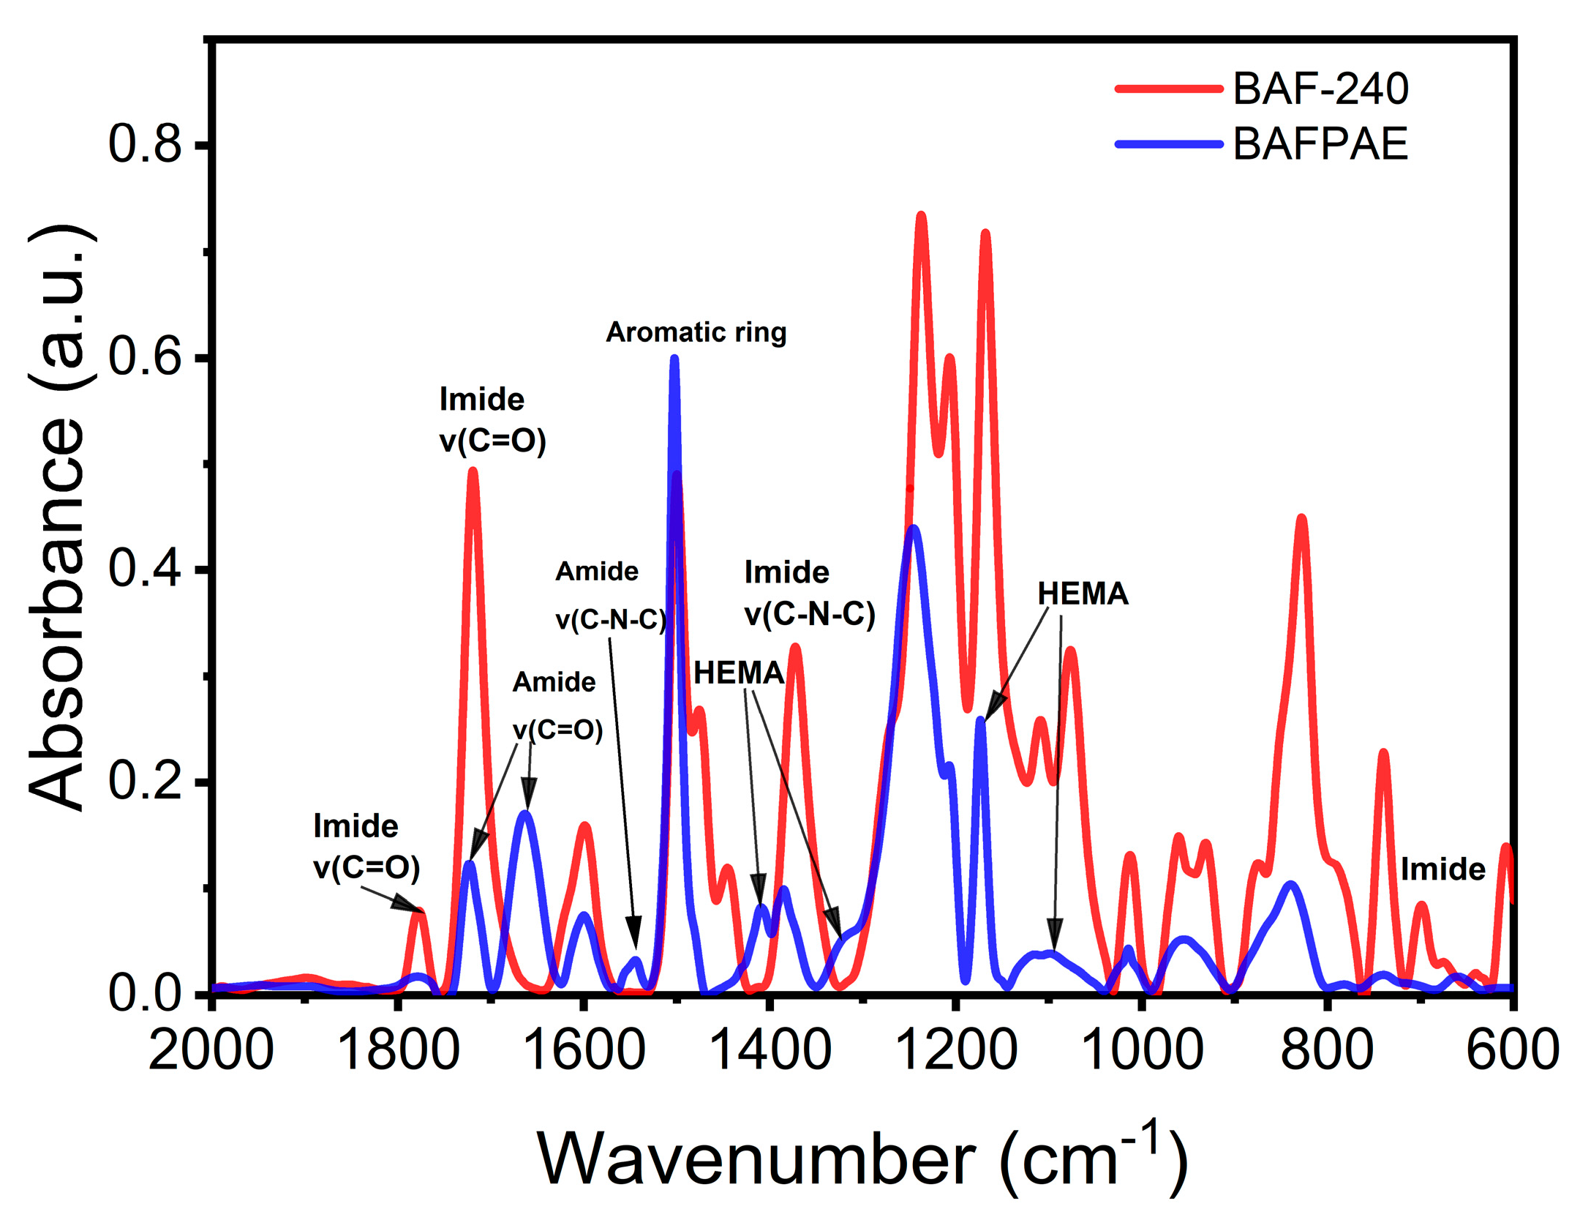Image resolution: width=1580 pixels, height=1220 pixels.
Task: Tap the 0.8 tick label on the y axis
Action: coord(144,143)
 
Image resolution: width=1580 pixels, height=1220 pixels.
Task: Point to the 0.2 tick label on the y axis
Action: coord(144,780)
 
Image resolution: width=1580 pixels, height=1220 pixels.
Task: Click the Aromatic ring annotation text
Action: coord(695,332)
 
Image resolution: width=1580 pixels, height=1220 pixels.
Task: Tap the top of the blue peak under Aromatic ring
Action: coord(674,359)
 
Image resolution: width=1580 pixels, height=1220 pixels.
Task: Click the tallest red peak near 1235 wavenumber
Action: coord(921,215)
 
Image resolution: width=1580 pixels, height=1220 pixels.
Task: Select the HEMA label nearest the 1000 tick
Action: coord(1082,594)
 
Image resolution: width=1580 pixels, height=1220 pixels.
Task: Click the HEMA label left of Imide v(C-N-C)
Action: coord(738,673)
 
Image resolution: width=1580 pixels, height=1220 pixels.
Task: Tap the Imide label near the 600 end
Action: coord(1442,869)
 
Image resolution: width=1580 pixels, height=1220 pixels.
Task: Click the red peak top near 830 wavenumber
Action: coord(1301,518)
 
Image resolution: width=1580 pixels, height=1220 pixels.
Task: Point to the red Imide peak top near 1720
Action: coord(473,471)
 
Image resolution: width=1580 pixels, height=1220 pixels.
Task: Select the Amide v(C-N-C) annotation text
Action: coord(610,595)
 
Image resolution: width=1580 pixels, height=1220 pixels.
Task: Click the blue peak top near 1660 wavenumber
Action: coord(524,813)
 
